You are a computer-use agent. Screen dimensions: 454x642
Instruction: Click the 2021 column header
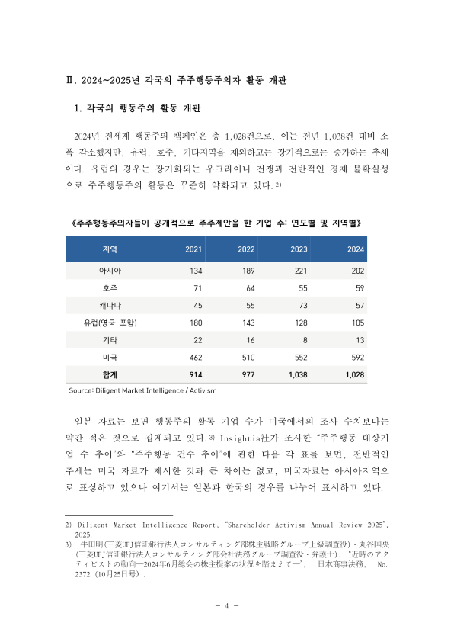point(193,249)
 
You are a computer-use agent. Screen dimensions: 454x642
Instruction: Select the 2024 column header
point(356,249)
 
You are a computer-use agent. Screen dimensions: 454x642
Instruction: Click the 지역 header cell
point(109,249)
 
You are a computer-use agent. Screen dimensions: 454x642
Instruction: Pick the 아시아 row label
point(110,271)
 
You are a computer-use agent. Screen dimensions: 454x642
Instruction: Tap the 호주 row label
point(110,288)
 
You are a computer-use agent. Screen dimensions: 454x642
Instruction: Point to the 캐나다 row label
point(110,305)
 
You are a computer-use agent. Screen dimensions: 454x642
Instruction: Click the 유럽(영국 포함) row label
point(110,323)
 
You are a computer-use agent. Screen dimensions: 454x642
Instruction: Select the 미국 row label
point(110,357)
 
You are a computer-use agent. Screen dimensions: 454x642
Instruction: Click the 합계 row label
point(110,374)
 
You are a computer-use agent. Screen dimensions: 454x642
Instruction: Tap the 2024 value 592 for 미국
point(356,357)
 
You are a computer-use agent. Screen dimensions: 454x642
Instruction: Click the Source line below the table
point(142,390)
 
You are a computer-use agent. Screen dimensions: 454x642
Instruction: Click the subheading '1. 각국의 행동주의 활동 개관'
point(142,108)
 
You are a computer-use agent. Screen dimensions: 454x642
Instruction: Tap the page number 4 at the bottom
point(226,605)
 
